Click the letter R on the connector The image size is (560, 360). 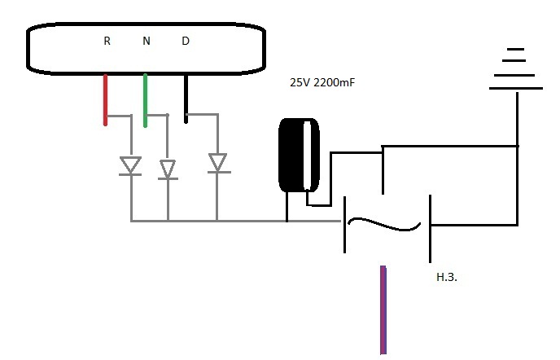pyautogui.click(x=107, y=41)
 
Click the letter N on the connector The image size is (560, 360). pyautogui.click(x=147, y=41)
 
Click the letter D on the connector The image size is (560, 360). pyautogui.click(x=186, y=41)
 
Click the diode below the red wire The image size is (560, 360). pyautogui.click(x=130, y=166)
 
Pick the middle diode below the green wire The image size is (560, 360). pyautogui.click(x=168, y=169)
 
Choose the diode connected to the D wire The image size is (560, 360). pyautogui.click(x=217, y=163)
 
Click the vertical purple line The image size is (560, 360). pyautogui.click(x=383, y=310)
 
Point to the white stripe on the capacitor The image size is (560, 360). pyautogui.click(x=308, y=156)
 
